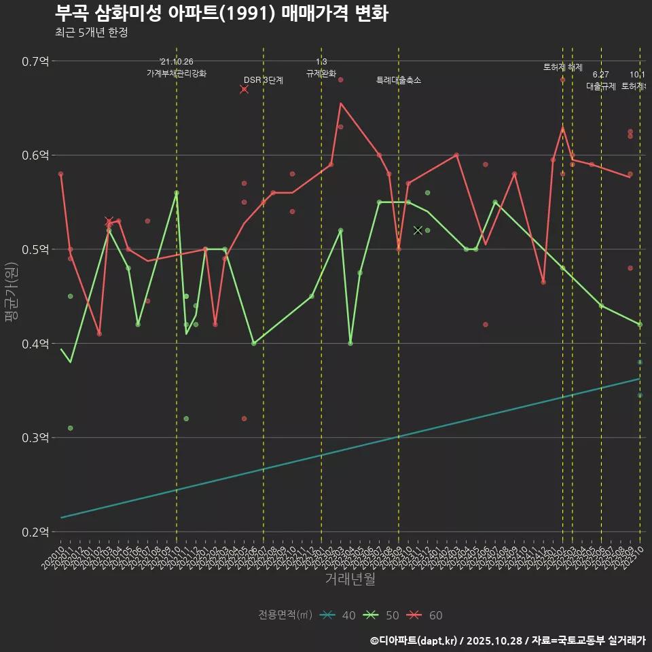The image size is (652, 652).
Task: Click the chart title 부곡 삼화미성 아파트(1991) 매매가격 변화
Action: [x=221, y=14]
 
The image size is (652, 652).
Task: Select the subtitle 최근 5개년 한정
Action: [x=91, y=33]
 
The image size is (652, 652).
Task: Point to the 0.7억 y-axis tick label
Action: [x=35, y=62]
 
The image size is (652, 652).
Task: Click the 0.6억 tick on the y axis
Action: [x=35, y=156]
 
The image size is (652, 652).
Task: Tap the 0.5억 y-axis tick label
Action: [x=35, y=250]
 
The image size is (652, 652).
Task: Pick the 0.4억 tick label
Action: [x=35, y=344]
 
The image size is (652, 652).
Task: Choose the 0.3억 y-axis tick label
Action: [x=35, y=438]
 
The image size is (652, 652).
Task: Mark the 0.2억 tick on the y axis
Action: [x=35, y=532]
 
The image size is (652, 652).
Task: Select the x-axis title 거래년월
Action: [x=350, y=579]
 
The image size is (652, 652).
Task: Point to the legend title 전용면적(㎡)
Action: [x=285, y=615]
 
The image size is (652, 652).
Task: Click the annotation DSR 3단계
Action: [x=264, y=80]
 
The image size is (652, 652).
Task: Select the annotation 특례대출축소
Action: [x=399, y=80]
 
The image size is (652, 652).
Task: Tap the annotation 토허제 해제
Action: [x=563, y=67]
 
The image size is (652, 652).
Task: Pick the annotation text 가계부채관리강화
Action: [x=177, y=73]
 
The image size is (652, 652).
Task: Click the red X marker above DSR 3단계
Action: [x=244, y=90]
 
